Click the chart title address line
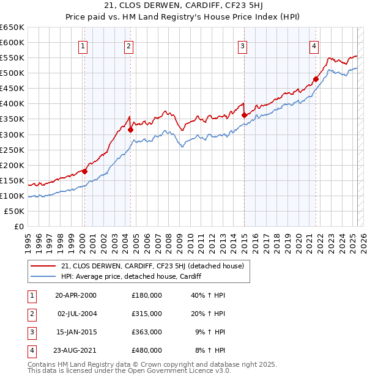[183, 6]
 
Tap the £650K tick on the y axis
[12, 28]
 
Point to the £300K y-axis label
[12, 134]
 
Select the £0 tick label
[18, 226]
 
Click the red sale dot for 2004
[130, 130]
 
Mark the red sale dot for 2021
[316, 79]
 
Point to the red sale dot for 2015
[244, 115]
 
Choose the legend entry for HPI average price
[132, 277]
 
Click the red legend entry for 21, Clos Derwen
[152, 266]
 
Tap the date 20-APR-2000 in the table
[75, 295]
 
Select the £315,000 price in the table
[147, 314]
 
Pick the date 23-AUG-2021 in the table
[75, 350]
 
